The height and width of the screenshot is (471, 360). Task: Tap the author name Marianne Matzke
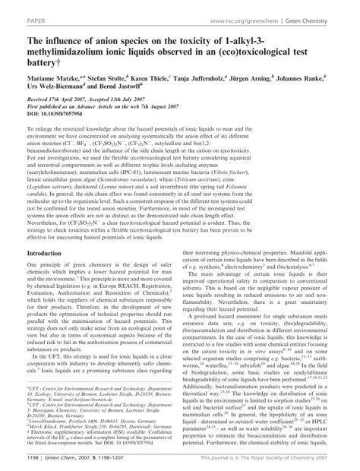[46, 78]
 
